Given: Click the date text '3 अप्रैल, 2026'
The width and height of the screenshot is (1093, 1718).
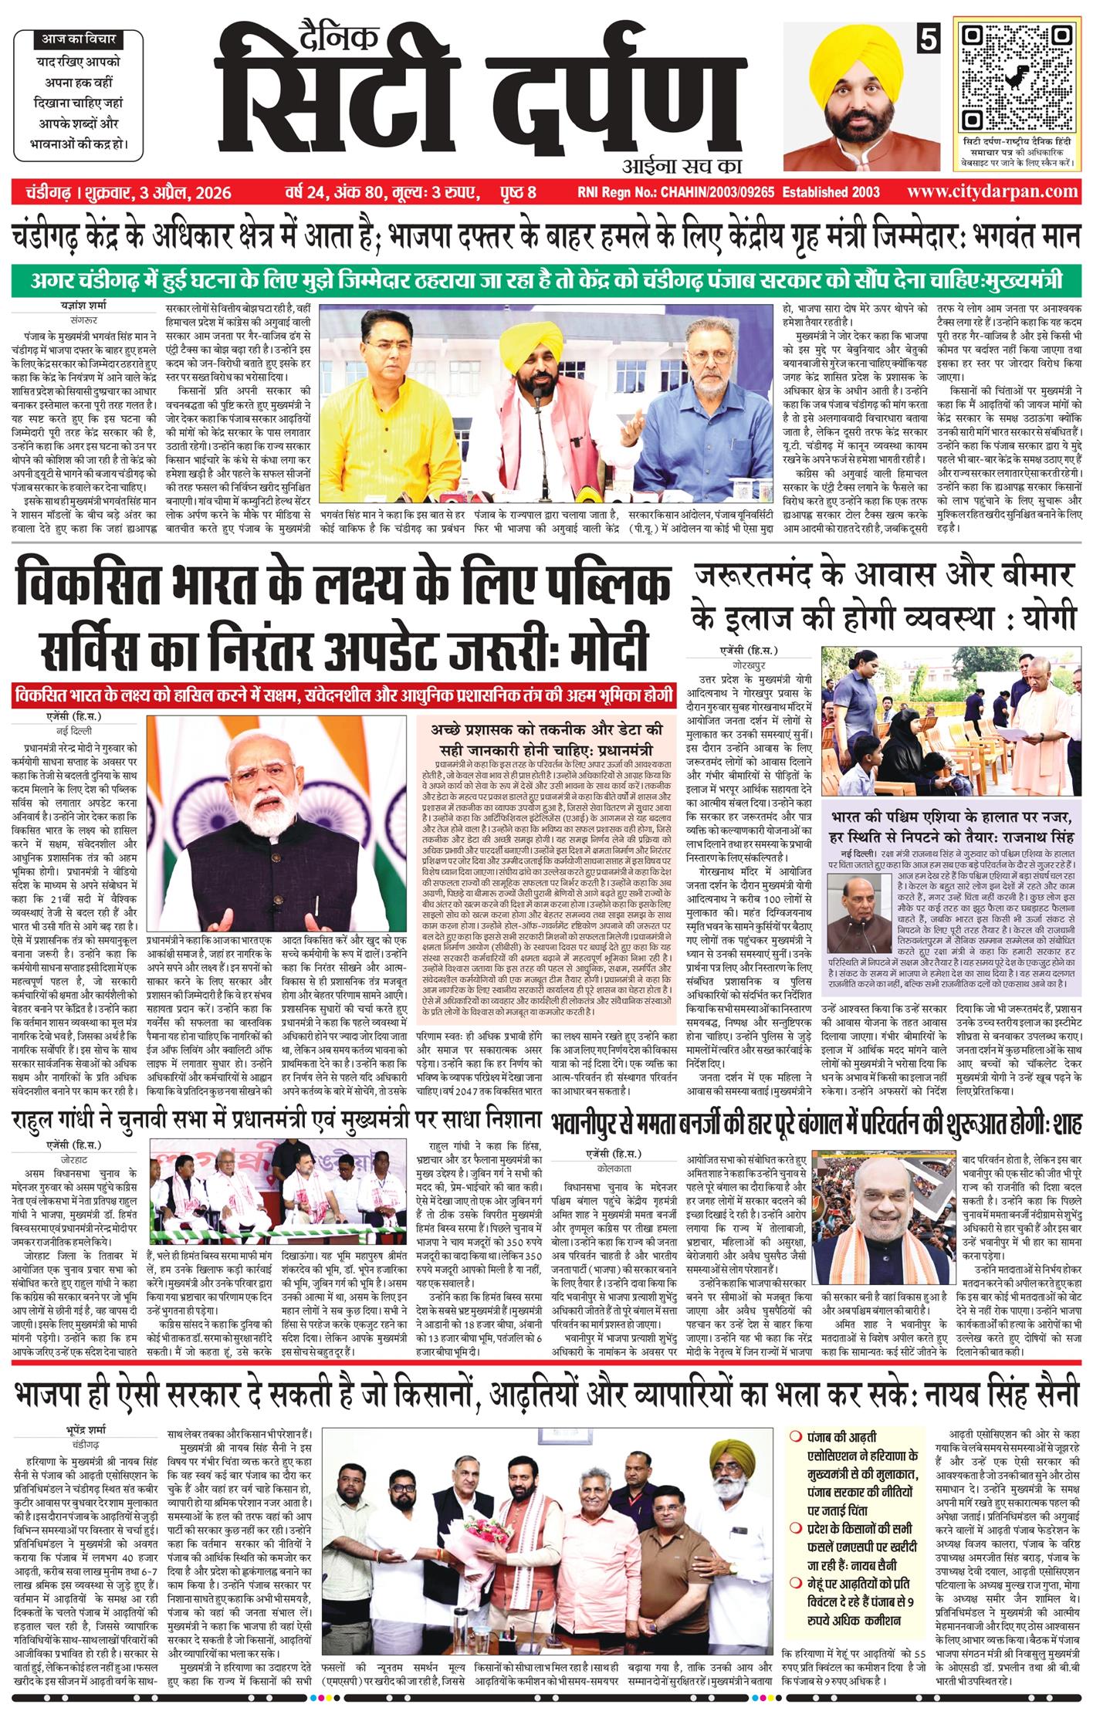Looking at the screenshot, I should click(184, 192).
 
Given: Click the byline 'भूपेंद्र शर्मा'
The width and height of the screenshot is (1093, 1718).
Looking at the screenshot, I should click(87, 1428).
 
